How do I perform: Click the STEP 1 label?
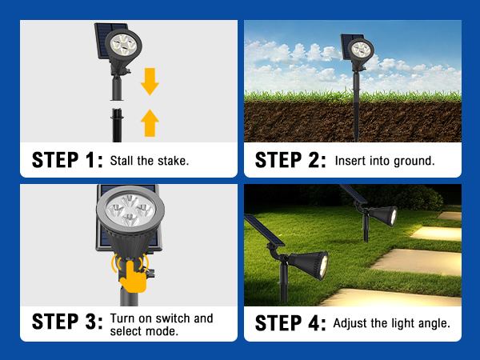[x=67, y=159]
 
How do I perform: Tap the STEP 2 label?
[x=290, y=159]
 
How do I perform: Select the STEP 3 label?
[x=67, y=323]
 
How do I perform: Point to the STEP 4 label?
[x=290, y=323]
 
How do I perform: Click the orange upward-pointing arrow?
[x=150, y=122]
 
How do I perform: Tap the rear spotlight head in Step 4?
[x=382, y=214]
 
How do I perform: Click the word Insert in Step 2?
[x=350, y=160]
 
